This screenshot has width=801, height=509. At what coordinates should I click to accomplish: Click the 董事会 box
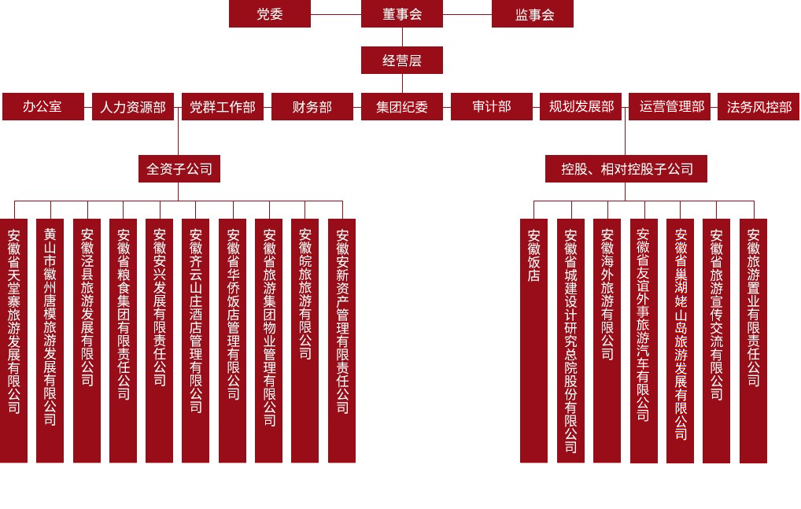[x=402, y=14]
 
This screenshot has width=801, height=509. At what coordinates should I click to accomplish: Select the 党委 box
[x=270, y=14]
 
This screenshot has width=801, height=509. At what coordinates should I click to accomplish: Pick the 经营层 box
[x=402, y=61]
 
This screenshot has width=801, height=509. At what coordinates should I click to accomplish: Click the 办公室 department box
[x=43, y=107]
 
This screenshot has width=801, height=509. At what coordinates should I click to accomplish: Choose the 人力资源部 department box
[x=133, y=107]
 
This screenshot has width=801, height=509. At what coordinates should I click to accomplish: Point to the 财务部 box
[x=312, y=107]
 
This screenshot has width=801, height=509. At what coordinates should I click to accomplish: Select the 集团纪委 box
[x=402, y=107]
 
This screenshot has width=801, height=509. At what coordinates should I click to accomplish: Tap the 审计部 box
[x=492, y=107]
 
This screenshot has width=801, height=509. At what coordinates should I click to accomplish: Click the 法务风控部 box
[x=759, y=107]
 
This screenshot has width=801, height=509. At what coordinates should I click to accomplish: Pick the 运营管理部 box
[x=670, y=107]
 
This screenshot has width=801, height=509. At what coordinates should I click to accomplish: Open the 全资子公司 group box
[x=179, y=168]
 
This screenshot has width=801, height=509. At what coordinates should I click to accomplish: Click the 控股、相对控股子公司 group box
[x=626, y=168]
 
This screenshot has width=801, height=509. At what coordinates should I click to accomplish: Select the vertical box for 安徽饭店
[x=533, y=340]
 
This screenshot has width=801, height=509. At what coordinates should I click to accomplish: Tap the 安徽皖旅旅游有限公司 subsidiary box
[x=305, y=340]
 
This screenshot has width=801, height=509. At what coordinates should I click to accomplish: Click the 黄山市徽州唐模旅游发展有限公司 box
[x=50, y=340]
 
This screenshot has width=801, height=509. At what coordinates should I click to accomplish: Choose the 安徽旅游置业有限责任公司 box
[x=753, y=340]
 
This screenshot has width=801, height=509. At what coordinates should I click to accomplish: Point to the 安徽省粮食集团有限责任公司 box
[x=124, y=340]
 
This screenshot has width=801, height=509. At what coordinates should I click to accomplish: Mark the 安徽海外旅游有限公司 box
[x=607, y=340]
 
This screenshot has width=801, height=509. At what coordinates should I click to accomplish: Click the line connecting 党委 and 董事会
[x=336, y=14]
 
